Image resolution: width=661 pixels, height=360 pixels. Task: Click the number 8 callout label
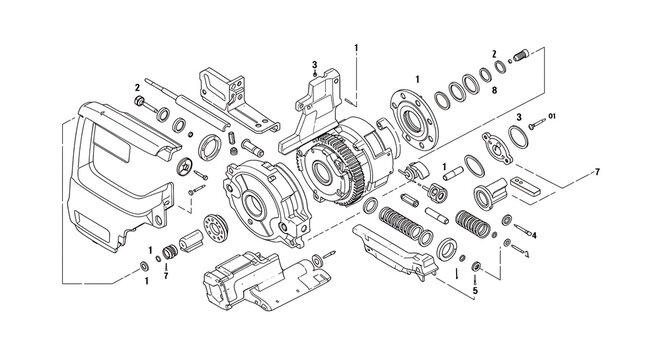(494, 90)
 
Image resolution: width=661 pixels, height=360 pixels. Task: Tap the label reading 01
(552, 116)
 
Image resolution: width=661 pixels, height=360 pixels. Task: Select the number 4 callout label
(534, 236)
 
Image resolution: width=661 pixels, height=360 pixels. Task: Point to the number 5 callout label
(475, 290)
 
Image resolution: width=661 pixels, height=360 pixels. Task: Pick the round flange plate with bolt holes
(414, 118)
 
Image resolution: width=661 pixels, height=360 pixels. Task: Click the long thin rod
(188, 103)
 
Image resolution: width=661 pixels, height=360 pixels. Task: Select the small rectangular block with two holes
(525, 186)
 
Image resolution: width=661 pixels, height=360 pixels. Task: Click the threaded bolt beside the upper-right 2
(521, 55)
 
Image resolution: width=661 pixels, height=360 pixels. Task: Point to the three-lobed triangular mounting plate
(498, 148)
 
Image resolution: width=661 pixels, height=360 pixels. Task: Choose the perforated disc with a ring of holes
(215, 228)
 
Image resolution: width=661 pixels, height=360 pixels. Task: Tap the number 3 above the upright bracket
(314, 64)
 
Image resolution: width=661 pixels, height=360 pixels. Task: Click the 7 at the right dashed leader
(597, 172)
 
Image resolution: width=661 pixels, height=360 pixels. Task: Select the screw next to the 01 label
(537, 124)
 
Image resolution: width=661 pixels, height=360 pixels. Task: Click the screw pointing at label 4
(522, 230)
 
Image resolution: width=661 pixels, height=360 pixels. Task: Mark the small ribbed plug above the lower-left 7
(170, 252)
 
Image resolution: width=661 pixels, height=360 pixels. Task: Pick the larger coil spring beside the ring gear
(400, 223)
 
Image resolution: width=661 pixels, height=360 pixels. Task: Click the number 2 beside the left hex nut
(137, 88)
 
